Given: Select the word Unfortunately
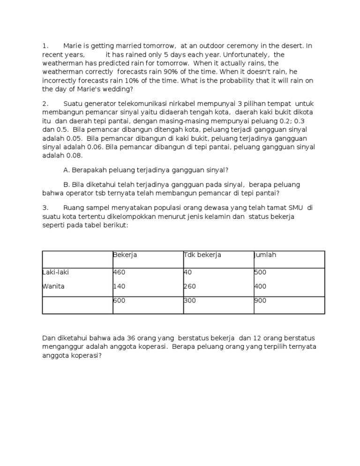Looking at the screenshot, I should pyautogui.click(x=236, y=54).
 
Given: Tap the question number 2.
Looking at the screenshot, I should pyautogui.click(x=45, y=103).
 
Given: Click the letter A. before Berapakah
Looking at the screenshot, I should pyautogui.click(x=66, y=169).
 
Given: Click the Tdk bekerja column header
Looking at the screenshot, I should pyautogui.click(x=202, y=255).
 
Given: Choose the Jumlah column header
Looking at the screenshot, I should pyautogui.click(x=265, y=255).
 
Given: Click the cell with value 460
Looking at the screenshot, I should pyautogui.click(x=119, y=272).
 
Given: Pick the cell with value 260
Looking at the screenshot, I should pyautogui.click(x=189, y=286).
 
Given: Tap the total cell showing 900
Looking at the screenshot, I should pyautogui.click(x=260, y=301).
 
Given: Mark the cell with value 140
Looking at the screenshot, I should pyautogui.click(x=119, y=286).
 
